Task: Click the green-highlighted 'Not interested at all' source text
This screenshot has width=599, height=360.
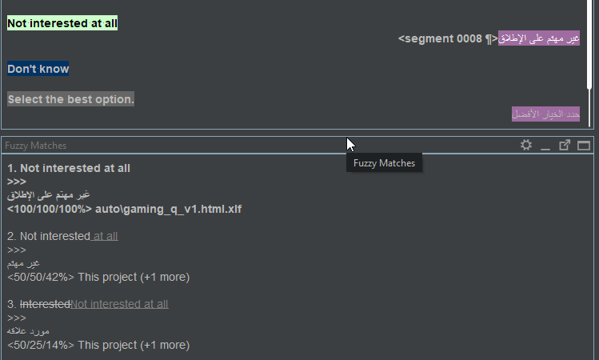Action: pos(62,23)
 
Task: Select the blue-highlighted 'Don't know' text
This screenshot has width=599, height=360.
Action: pos(38,69)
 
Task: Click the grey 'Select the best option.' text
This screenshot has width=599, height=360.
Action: pos(71,99)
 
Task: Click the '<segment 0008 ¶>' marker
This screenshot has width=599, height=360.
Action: pos(448,38)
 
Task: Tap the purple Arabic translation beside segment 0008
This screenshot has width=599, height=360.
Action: pos(538,38)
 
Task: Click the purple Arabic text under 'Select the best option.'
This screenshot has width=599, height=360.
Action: pos(545,114)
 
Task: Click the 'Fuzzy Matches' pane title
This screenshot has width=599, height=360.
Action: pos(36,146)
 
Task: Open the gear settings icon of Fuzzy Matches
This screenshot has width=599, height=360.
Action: pos(525,146)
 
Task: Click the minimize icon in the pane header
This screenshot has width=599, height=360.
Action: pos(545,146)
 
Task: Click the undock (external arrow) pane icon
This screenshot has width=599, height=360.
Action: pos(565,146)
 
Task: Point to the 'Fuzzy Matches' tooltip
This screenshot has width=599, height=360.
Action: pos(385,163)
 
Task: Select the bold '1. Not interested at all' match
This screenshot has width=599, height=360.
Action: pos(69,168)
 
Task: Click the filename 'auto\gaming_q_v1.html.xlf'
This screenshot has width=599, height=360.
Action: pos(168,209)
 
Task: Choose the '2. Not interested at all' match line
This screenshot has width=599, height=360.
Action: pos(62,236)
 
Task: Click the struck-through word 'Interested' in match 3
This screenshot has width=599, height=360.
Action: pos(45,304)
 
